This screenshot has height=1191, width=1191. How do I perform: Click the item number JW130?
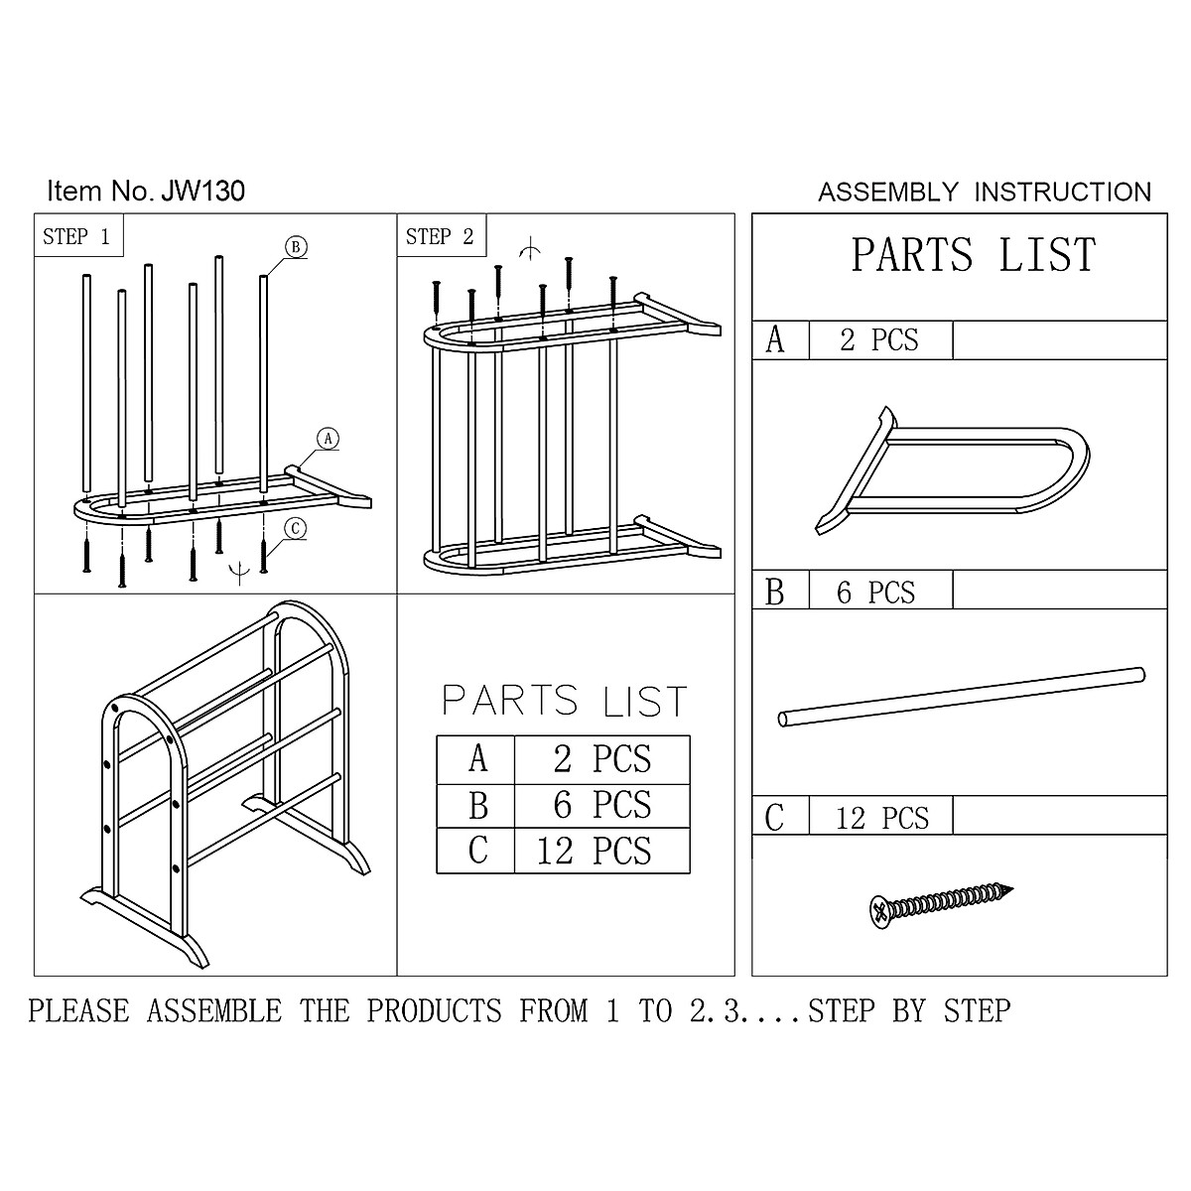(x=201, y=191)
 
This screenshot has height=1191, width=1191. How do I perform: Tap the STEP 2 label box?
(x=441, y=236)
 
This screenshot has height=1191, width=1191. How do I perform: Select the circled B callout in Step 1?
(x=296, y=246)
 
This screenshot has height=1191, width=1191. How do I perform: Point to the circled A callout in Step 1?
(x=328, y=438)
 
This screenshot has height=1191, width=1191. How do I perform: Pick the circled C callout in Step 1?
(x=294, y=529)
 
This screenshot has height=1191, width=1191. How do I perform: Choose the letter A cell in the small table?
(x=476, y=759)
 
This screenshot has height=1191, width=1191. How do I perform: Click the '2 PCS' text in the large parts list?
(x=879, y=340)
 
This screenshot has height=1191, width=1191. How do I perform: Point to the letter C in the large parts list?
(x=775, y=818)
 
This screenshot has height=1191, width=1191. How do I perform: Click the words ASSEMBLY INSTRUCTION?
(x=984, y=192)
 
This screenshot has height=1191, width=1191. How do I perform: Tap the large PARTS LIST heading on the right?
(x=973, y=256)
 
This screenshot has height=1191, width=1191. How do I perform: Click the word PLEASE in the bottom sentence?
(x=79, y=1010)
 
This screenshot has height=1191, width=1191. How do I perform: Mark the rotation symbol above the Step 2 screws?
(x=532, y=247)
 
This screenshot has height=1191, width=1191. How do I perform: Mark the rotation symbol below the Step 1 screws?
(x=238, y=570)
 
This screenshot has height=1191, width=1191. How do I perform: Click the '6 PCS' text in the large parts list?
(x=876, y=593)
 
